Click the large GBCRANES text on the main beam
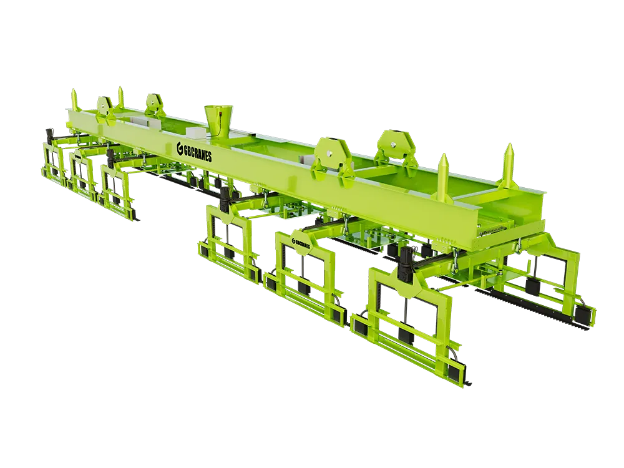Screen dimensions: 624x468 pos(194,152)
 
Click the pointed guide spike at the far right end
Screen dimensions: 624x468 pos(509,167)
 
